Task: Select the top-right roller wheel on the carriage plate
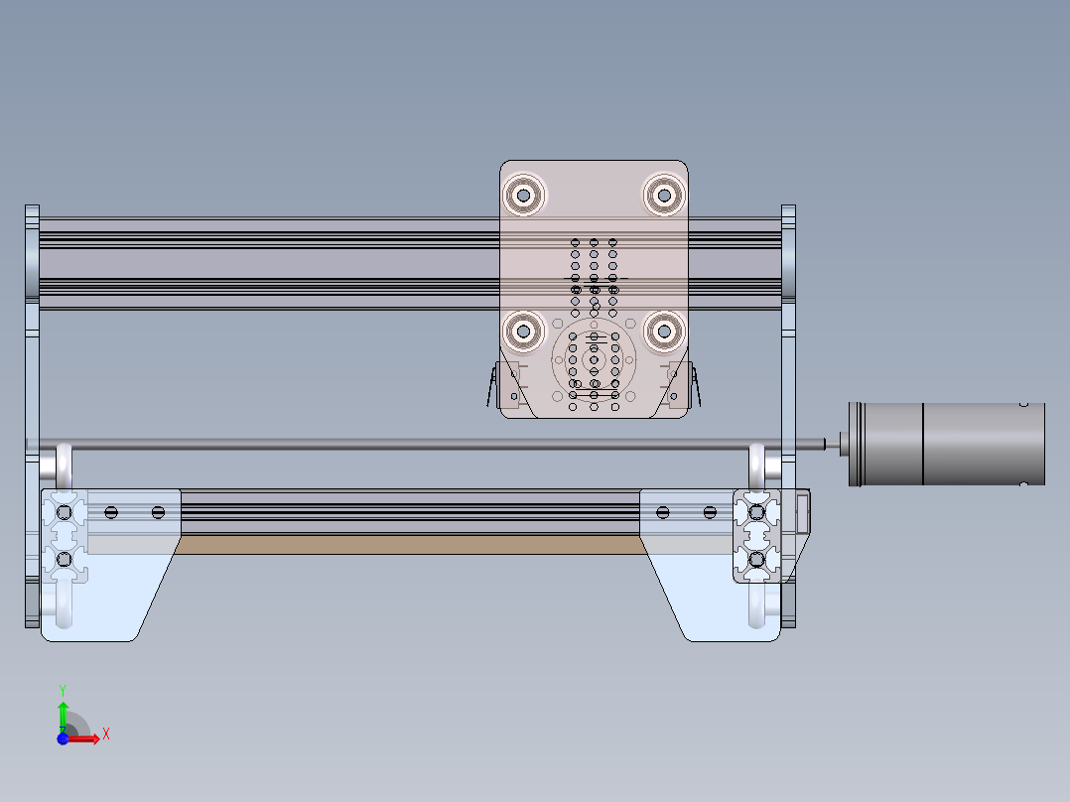pyautogui.click(x=663, y=195)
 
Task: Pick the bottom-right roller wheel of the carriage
pyautogui.click(x=663, y=332)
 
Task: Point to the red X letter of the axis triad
pyautogui.click(x=105, y=734)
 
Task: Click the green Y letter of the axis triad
pyautogui.click(x=63, y=689)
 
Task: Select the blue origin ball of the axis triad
pyautogui.click(x=63, y=738)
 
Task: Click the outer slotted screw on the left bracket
pyautogui.click(x=110, y=512)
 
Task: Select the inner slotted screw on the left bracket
pyautogui.click(x=158, y=512)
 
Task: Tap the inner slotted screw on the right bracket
pyautogui.click(x=662, y=512)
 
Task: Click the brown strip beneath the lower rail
pyautogui.click(x=407, y=544)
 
